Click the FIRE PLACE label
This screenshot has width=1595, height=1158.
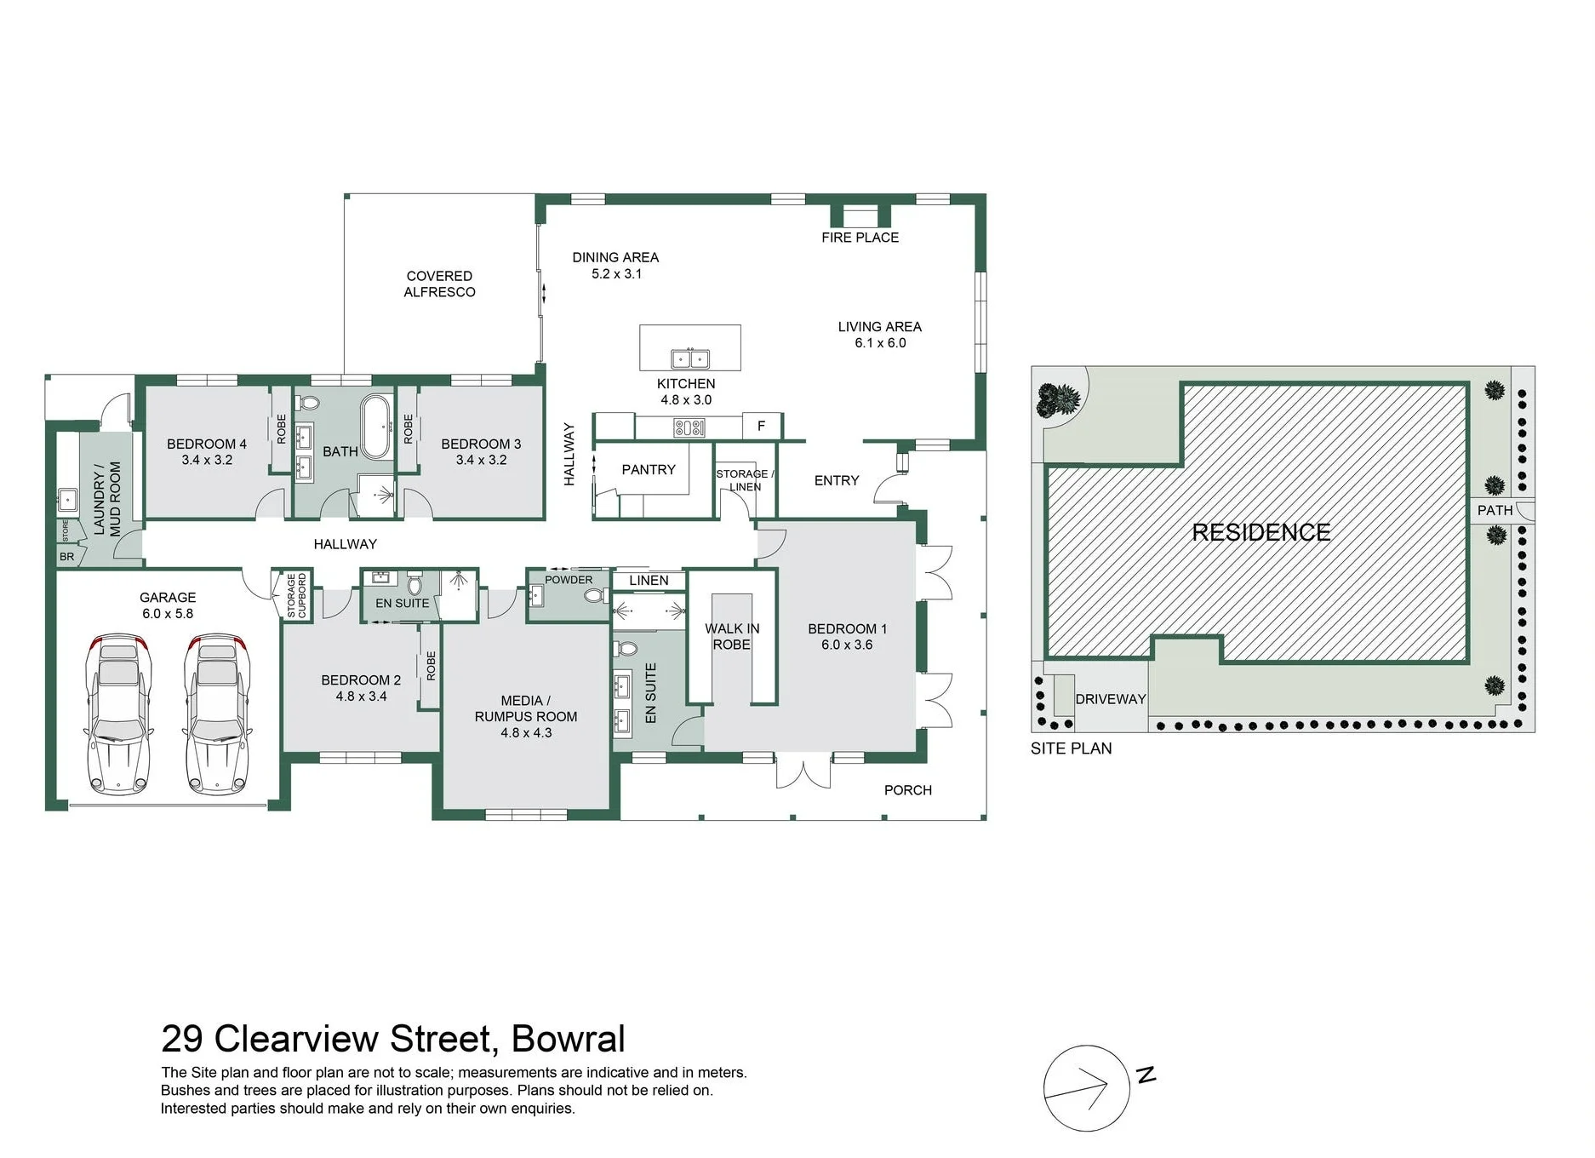point(860,238)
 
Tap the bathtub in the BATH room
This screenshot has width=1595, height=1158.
point(376,427)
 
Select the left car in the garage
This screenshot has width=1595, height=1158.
point(118,714)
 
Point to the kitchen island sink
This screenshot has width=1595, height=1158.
point(690,358)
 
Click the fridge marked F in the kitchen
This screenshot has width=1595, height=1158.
point(761,426)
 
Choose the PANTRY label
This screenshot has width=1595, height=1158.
point(649,470)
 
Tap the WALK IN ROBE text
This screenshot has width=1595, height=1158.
point(732,637)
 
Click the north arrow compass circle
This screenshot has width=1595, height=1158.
point(1086,1088)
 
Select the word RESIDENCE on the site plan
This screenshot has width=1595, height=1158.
point(1261,533)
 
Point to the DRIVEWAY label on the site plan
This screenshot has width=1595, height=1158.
point(1111,699)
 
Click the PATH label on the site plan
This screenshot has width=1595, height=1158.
point(1495,511)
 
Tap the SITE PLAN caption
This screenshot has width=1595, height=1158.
point(1071,748)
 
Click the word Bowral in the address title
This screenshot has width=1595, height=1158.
point(569,1039)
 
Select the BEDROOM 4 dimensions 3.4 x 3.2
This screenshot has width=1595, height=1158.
point(207,460)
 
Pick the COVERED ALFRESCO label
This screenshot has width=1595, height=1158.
point(439,284)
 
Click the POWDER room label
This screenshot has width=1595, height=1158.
point(569,580)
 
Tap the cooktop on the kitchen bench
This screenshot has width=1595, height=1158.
point(689,427)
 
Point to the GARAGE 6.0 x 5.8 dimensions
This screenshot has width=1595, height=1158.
point(168,614)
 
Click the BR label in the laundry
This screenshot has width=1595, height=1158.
point(67,557)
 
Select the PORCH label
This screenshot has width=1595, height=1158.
point(908,790)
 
